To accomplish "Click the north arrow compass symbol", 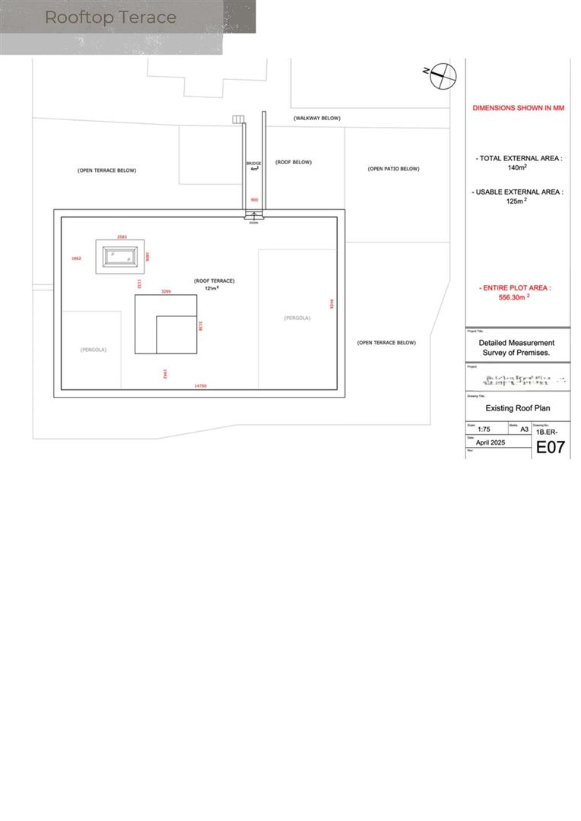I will [443, 75].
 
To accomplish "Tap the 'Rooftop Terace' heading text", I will [110, 17].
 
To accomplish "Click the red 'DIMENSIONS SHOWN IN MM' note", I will [518, 108].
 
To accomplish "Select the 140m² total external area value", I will [518, 167].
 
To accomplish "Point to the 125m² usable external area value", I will [517, 201].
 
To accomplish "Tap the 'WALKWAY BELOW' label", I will [317, 119].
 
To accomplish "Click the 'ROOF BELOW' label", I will [294, 162].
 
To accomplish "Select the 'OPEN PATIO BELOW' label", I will [393, 169].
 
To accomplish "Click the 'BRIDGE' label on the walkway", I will [253, 163].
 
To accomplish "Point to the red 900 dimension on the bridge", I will [254, 200].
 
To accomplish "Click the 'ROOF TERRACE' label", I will [214, 281].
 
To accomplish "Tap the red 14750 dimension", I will [201, 386].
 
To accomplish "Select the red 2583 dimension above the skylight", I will [122, 237].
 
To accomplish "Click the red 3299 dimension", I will [165, 291].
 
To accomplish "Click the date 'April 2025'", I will [491, 442].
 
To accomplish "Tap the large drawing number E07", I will [551, 447].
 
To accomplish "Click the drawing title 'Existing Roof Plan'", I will [517, 407].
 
